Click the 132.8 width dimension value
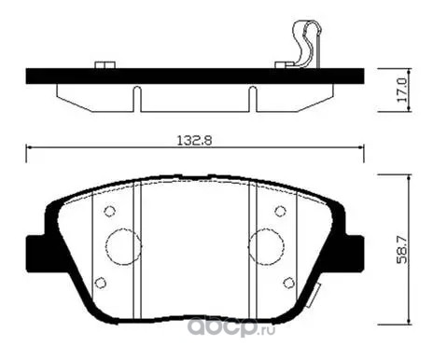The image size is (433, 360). tap(195, 140)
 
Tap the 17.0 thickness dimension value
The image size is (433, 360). tap(402, 90)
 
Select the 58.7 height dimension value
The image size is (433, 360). tap(402, 249)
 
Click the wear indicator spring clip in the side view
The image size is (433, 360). tap(306, 44)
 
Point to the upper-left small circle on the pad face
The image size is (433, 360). tap(109, 212)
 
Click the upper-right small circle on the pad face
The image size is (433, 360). tap(281, 212)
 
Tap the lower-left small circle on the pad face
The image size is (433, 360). tap(100, 283)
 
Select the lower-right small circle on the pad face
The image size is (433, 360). tap(289, 283)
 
